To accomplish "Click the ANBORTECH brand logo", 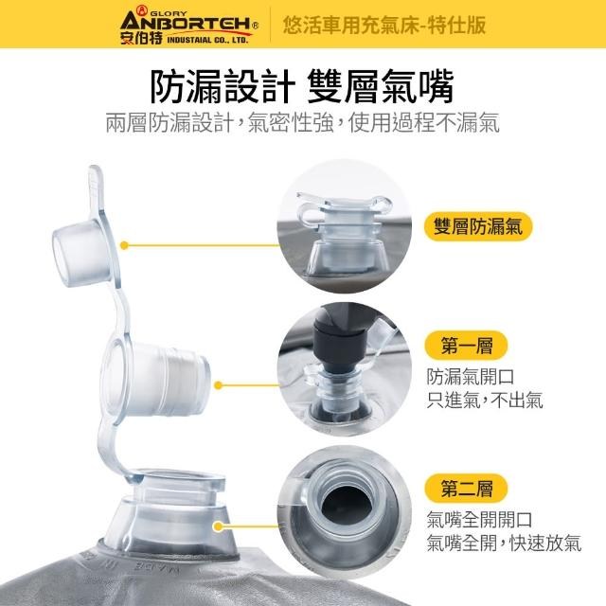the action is coord(189,26).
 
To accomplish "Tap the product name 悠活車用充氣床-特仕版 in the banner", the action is coord(384,26).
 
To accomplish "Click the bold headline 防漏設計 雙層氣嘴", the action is coord(302,87).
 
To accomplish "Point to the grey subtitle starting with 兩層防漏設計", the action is coord(303,123).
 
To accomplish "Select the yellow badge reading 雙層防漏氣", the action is coord(478,226).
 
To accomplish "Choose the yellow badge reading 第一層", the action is coord(466,345).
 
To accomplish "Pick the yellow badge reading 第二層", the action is coord(466,488).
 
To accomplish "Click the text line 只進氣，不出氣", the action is coord(485,400).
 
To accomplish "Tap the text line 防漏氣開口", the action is coord(471,377).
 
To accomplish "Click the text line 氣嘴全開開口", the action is coord(480,520).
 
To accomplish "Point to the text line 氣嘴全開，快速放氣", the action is coord(504,543).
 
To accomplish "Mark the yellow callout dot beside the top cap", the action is coord(124,245).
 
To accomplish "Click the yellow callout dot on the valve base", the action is coord(219,526).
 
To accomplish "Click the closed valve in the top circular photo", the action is coord(343,232).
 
